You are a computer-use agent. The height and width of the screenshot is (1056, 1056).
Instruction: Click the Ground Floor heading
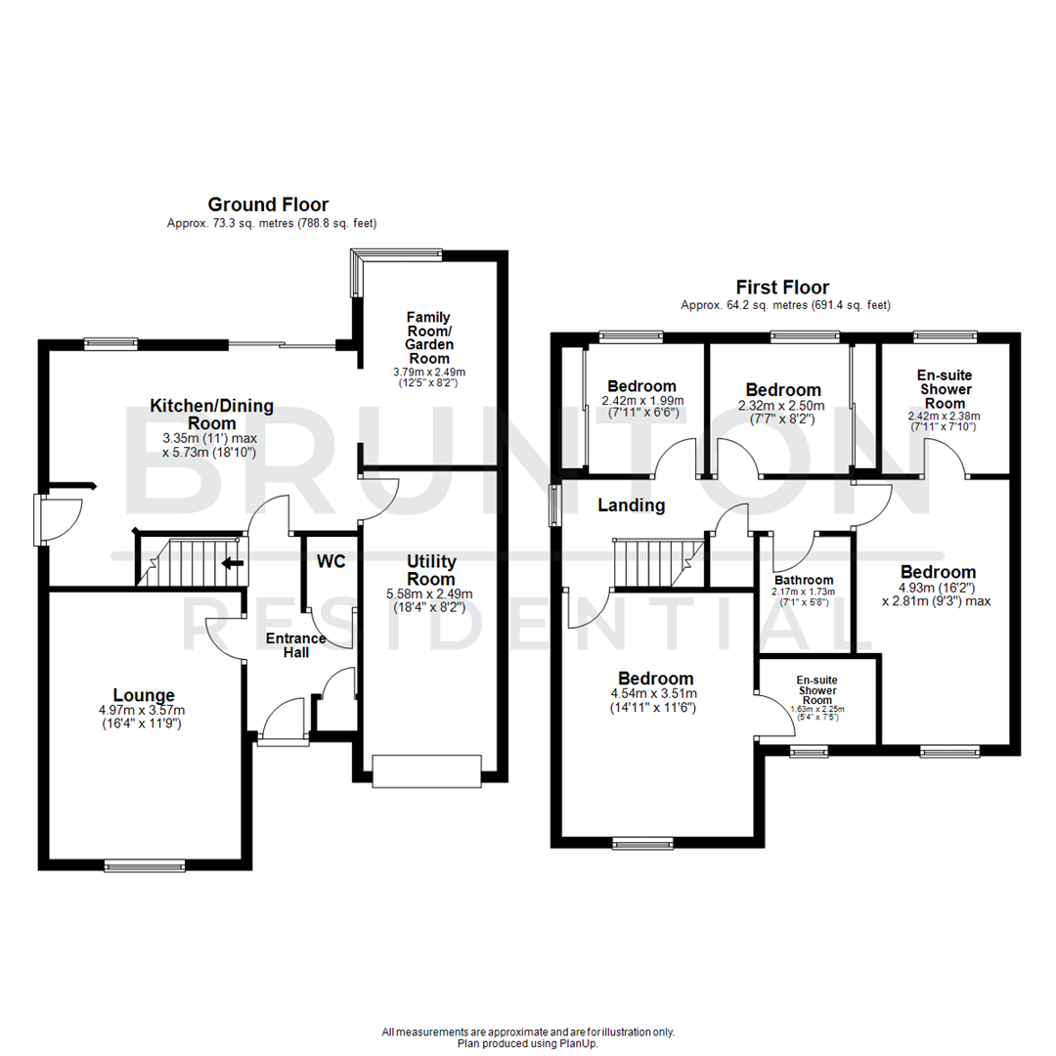pyautogui.click(x=268, y=204)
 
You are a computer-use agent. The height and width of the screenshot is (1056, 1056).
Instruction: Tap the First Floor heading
pyautogui.click(x=782, y=287)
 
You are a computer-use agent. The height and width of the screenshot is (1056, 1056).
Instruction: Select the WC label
pyautogui.click(x=330, y=562)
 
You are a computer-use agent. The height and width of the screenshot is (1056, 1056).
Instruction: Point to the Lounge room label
pyautogui.click(x=143, y=695)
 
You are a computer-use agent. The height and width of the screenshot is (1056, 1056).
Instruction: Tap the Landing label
pyautogui.click(x=633, y=506)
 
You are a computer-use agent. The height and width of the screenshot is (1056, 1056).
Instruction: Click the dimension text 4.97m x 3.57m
pyautogui.click(x=142, y=711)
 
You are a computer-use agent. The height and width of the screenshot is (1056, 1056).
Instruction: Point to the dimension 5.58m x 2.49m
pyautogui.click(x=431, y=594)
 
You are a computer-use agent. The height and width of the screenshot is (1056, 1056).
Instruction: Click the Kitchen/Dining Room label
pyautogui.click(x=211, y=414)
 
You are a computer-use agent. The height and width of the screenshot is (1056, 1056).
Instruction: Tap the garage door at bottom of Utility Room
pyautogui.click(x=427, y=770)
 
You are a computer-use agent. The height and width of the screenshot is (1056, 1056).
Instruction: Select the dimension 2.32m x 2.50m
pyautogui.click(x=782, y=406)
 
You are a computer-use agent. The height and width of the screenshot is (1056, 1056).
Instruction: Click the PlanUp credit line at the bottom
pyautogui.click(x=528, y=1043)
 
